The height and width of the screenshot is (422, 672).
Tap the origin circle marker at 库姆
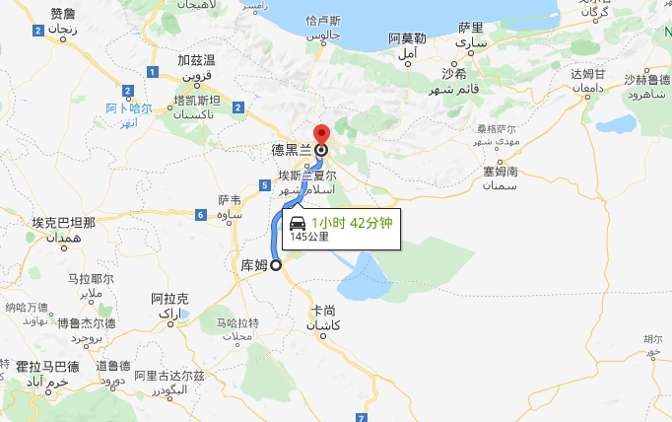276,264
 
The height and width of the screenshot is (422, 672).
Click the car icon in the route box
297,223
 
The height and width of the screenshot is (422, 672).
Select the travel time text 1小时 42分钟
352,223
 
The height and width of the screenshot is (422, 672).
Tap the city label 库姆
254,264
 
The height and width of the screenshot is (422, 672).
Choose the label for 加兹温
196,60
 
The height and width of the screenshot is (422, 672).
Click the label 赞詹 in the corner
63,14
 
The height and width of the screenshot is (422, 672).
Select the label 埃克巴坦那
63,223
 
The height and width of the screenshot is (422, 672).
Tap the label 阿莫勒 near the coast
407,38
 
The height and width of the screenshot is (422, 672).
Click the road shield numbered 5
266,185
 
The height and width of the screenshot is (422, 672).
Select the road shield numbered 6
200,215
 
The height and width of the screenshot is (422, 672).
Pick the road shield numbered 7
362,417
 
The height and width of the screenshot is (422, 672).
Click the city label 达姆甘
587,74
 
